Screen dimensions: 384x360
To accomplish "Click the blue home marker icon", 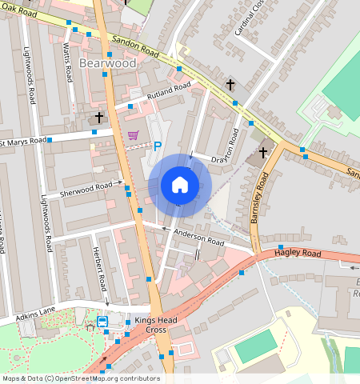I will point(180,186).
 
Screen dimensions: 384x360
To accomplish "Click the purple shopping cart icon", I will point(133,135).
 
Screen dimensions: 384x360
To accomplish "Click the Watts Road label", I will point(69,63).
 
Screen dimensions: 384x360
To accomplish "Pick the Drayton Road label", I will point(226,150).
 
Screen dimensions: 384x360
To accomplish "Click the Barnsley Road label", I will point(260,197).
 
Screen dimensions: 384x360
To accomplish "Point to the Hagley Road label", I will point(297,254).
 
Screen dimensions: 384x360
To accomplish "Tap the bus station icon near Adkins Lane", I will point(103,322).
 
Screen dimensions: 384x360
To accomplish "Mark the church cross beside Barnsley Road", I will point(263,152).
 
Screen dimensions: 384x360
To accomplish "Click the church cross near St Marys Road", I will point(99,118).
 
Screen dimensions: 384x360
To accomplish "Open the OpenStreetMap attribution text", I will point(80,378).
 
